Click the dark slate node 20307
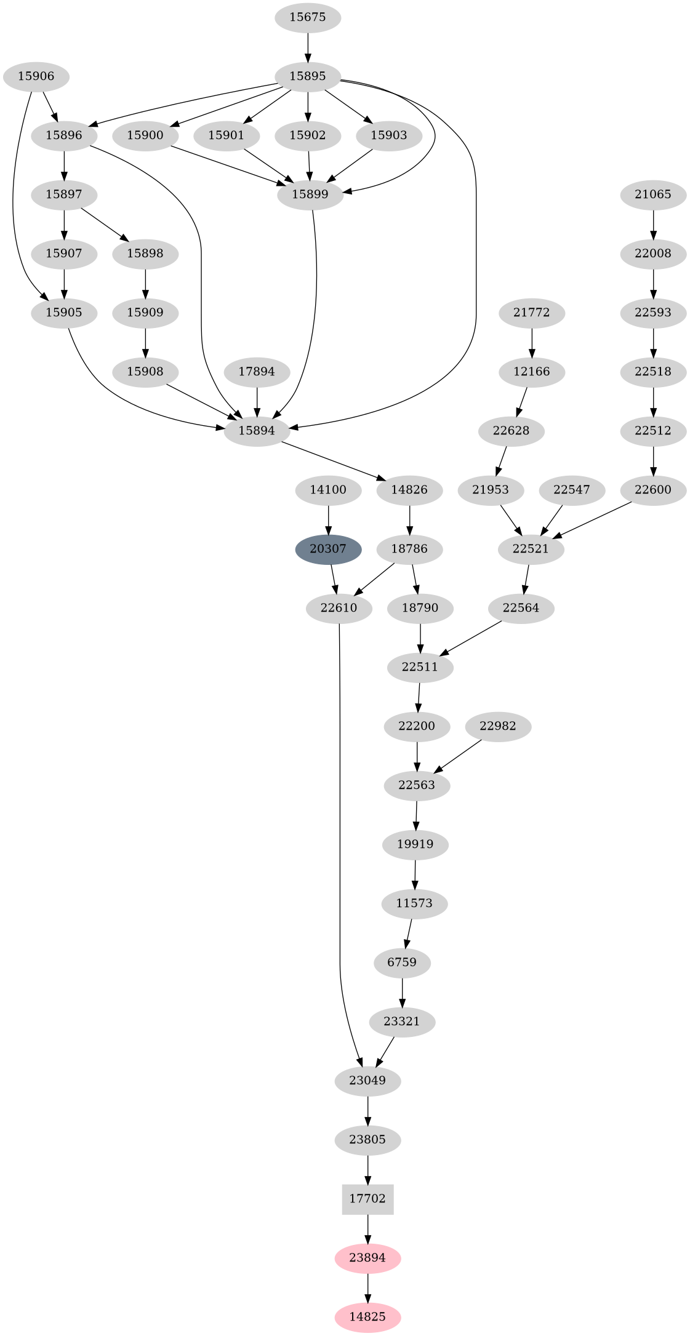328,549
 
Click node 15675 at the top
307,17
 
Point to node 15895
307,76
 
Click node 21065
653,194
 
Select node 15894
257,431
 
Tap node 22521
531,549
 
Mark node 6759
403,962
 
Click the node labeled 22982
497,726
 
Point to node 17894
257,372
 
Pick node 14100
328,490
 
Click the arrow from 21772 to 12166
532,342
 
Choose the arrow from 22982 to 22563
459,756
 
